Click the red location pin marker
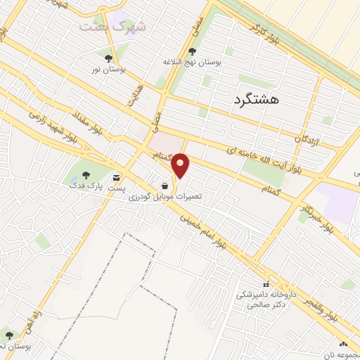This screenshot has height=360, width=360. click(x=181, y=165)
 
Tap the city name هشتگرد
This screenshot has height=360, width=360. click(x=255, y=100)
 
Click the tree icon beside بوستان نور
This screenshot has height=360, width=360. click(x=108, y=59)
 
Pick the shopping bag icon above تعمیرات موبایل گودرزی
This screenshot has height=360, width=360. click(x=164, y=185)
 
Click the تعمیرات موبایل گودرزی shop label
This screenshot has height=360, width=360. click(x=165, y=197)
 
